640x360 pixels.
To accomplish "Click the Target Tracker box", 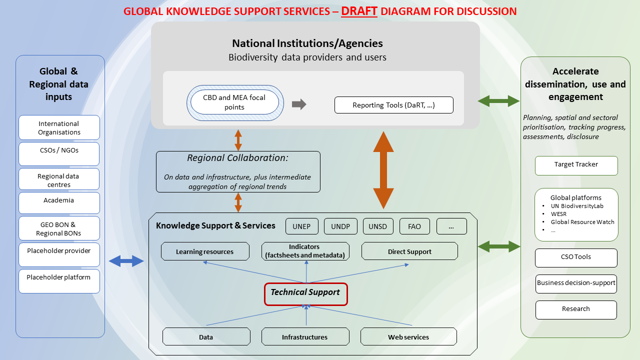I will (576, 165).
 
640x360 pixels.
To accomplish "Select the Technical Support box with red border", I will (305, 293).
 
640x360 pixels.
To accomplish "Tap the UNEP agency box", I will (301, 226).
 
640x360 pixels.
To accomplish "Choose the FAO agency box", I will (414, 226).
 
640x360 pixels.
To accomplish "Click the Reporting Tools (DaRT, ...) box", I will (393, 105).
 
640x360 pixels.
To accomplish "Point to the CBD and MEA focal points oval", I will (234, 102).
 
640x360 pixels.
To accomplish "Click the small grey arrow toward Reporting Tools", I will (299, 104).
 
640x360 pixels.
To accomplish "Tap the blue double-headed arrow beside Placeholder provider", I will (126, 260).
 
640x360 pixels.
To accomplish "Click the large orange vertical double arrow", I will (383, 170).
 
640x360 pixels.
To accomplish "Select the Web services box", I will (408, 336).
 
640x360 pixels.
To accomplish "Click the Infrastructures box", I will (305, 336).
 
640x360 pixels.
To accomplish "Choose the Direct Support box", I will (409, 251).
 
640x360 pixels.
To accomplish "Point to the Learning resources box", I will (205, 251).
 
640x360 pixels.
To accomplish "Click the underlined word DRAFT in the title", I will (359, 11).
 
